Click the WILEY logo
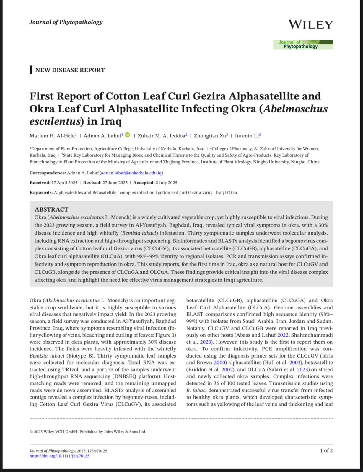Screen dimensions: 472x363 (x=310, y=24)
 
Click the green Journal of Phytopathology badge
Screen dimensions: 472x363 (x=303, y=44)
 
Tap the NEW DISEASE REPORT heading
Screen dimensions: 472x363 (x=70, y=70)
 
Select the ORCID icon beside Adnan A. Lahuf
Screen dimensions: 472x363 (x=127, y=135)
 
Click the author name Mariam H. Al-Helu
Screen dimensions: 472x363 (x=52, y=136)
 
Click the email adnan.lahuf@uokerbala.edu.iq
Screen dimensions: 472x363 (x=131, y=173)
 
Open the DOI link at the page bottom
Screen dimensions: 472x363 (x=59, y=456)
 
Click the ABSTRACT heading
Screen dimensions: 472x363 (x=51, y=209)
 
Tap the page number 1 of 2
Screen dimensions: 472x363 (x=326, y=450)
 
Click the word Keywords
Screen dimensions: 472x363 (x=41, y=193)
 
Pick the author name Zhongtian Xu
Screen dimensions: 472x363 (x=210, y=136)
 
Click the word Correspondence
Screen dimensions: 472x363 (x=48, y=173)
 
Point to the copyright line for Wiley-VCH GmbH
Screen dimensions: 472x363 (x=88, y=432)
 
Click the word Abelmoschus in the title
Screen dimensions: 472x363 (x=295, y=109)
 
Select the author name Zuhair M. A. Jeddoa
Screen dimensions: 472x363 (x=159, y=136)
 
